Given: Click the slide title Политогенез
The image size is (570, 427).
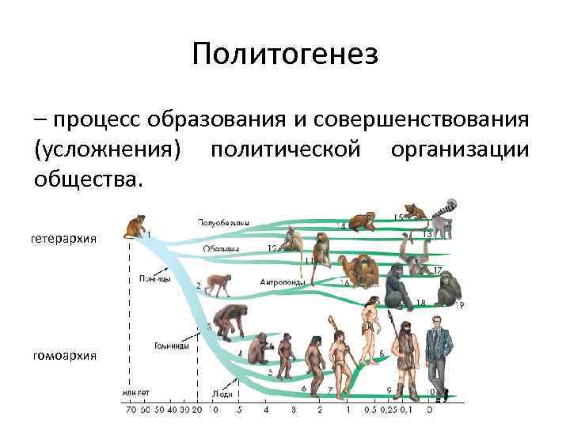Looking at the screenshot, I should coord(285,55).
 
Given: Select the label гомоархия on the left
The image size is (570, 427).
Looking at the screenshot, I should coord(64,355).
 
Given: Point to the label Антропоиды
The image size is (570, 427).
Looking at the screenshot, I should coord(283,282).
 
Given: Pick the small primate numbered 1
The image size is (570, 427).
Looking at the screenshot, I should coord(135,226).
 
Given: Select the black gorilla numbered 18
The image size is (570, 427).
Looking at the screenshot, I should coord(395,285).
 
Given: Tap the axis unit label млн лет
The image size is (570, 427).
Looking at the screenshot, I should coord(135,391).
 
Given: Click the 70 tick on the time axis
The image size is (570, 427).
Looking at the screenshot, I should coord(131,410).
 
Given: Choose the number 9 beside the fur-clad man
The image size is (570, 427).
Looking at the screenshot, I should coord(389,390).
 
